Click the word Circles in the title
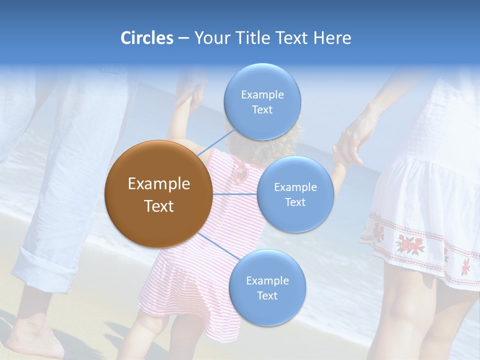[147, 38]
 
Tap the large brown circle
[158, 194]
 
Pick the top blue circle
[262, 102]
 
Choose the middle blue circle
[295, 194]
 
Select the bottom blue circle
[267, 288]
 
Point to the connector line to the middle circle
[235, 194]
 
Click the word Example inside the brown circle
[158, 184]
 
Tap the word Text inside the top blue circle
[262, 110]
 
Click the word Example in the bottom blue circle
[267, 280]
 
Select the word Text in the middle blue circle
[295, 202]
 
